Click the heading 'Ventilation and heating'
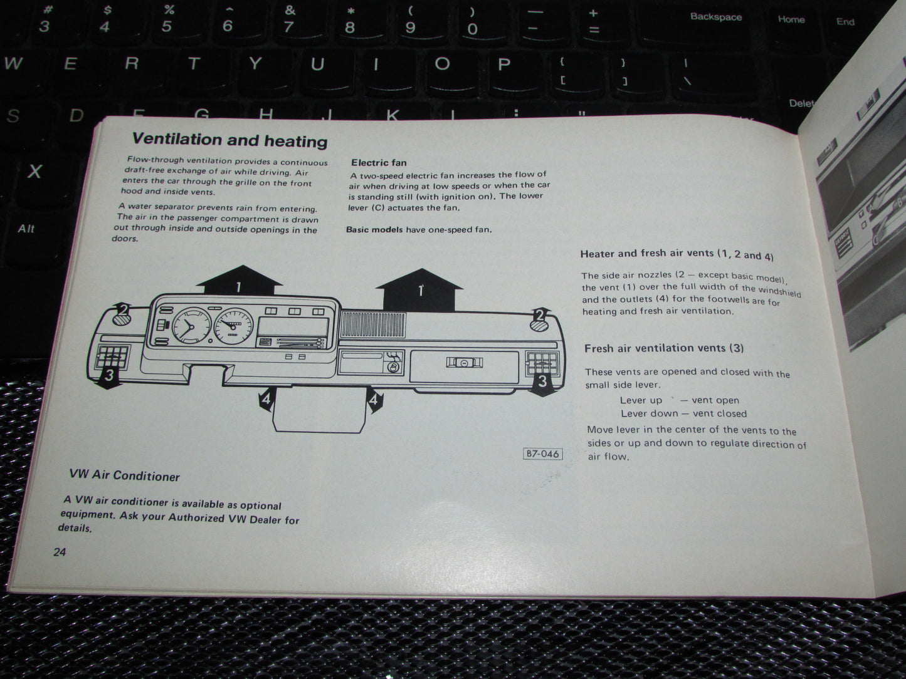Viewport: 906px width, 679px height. pyautogui.click(x=229, y=140)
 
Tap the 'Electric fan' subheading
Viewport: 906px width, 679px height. pyautogui.click(x=379, y=163)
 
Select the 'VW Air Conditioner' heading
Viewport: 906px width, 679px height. pyautogui.click(x=124, y=475)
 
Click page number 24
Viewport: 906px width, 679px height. pyautogui.click(x=60, y=552)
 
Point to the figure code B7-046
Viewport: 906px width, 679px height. pyautogui.click(x=542, y=454)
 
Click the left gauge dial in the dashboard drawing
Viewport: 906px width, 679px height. pyautogui.click(x=191, y=326)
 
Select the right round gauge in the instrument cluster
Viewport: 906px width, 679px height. pyautogui.click(x=234, y=326)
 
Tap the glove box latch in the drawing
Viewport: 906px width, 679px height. pyautogui.click(x=465, y=363)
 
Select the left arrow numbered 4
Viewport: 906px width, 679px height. pyautogui.click(x=266, y=399)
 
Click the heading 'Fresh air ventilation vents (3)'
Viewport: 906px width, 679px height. pyautogui.click(x=664, y=348)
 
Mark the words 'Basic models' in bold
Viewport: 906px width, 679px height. pyautogui.click(x=374, y=229)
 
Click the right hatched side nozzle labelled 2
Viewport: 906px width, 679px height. pyautogui.click(x=539, y=325)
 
